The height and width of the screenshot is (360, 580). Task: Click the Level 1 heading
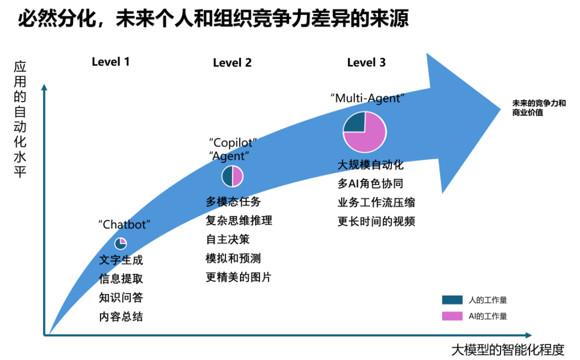(111, 61)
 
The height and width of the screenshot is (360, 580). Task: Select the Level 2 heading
(232, 62)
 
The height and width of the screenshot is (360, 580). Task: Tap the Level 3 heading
(366, 62)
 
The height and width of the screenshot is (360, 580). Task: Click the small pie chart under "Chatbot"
(120, 243)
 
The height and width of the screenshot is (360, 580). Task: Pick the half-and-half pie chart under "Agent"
(233, 176)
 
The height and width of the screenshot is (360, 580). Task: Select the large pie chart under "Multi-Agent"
(365, 132)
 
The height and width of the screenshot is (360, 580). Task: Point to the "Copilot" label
(233, 143)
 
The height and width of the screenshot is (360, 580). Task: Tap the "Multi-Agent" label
(367, 98)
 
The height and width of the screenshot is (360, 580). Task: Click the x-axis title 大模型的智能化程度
(508, 350)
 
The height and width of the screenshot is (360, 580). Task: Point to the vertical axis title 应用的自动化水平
(20, 120)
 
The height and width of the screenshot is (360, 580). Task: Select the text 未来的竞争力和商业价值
(539, 108)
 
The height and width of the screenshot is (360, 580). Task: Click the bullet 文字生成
(121, 260)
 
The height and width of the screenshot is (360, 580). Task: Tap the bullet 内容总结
(121, 316)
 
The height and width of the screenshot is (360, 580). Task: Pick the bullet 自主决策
(228, 239)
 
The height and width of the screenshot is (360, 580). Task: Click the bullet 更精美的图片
(238, 277)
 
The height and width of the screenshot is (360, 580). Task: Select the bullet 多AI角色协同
(370, 183)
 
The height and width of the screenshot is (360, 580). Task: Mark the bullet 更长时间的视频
(376, 221)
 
